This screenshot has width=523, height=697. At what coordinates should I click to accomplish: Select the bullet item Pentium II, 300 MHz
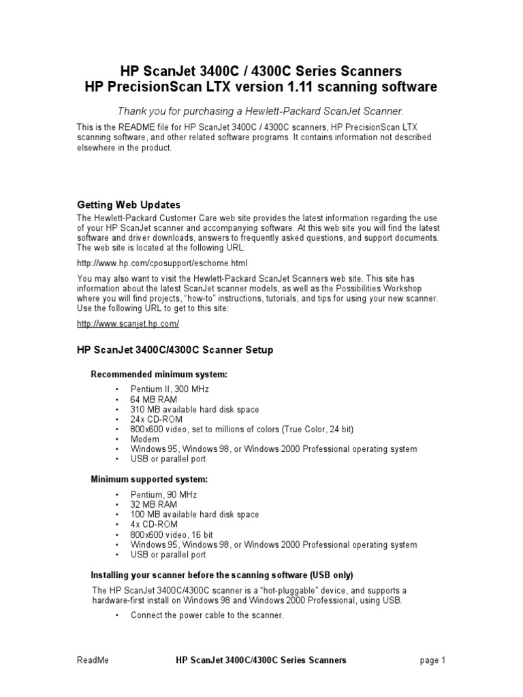[x=170, y=389]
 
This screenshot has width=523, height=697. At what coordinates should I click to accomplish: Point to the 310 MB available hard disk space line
[x=195, y=410]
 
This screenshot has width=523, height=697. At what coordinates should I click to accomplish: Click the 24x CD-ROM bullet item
[x=157, y=419]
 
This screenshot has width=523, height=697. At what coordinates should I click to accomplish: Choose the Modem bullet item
[x=144, y=440]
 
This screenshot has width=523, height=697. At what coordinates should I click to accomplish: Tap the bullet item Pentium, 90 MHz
[x=163, y=494]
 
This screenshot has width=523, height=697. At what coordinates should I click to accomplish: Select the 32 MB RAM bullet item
[x=154, y=504]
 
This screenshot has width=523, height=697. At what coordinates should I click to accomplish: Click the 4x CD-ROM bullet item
[x=155, y=525]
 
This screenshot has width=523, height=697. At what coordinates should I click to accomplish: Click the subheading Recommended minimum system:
[x=159, y=374]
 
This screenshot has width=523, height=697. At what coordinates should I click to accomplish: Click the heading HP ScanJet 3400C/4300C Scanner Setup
[x=175, y=350]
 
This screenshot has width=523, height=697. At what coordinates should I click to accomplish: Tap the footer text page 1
[x=432, y=660]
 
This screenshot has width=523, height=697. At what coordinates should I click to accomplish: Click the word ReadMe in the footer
[x=93, y=660]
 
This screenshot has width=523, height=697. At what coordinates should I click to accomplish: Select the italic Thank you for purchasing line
[x=261, y=111]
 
